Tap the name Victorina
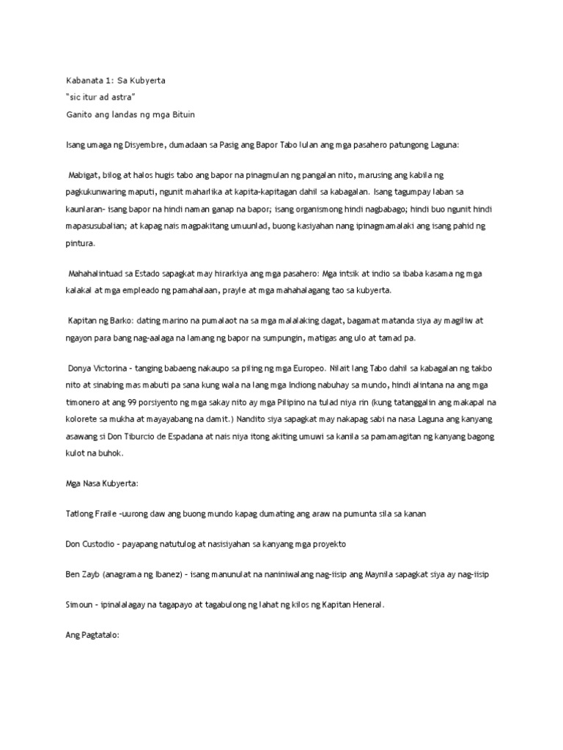(118, 368)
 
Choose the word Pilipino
(310, 401)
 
